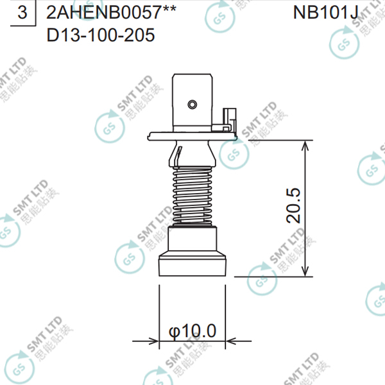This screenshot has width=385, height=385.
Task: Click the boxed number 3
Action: pyautogui.click(x=23, y=13)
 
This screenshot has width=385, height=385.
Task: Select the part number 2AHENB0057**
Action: pyautogui.click(x=112, y=13)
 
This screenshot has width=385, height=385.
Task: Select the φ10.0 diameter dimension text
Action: pyautogui.click(x=193, y=331)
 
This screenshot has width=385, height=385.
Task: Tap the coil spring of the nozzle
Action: pyautogui.click(x=193, y=193)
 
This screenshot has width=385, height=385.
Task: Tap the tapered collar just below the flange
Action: pyautogui.click(x=193, y=152)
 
